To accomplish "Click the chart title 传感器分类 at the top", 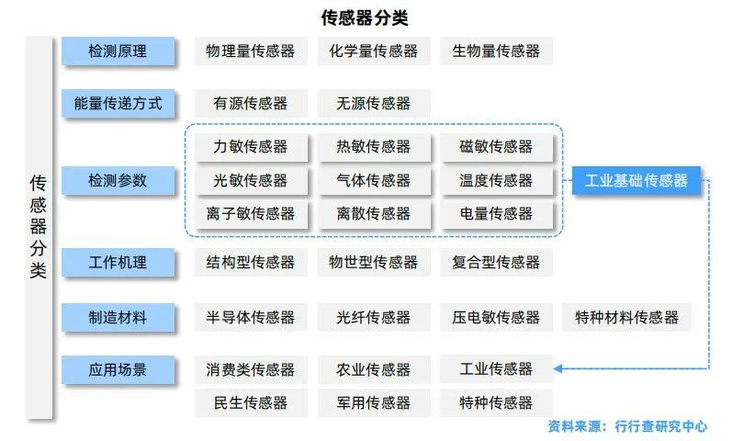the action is (365, 18).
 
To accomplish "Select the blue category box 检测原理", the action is (118, 51).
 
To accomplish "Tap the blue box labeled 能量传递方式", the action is (118, 103).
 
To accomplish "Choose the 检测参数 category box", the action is (118, 180).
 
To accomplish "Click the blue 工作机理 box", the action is (118, 263).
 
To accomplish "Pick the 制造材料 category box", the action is (118, 318).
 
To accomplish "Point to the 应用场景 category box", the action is (118, 370).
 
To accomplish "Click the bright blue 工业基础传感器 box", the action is (636, 180).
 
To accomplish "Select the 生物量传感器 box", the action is (496, 51).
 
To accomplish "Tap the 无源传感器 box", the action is (374, 103).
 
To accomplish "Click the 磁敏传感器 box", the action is (496, 147).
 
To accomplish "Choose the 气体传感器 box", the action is (374, 180).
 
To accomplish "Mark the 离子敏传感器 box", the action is (251, 214).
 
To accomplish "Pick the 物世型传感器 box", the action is (374, 263).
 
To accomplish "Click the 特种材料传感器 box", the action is (626, 318).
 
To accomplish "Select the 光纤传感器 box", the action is (374, 318).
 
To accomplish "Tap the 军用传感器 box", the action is (374, 402).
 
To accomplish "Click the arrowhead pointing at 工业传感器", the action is (557, 368).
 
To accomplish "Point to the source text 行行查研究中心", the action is (660, 426).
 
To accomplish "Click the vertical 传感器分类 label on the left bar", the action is (39, 227).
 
